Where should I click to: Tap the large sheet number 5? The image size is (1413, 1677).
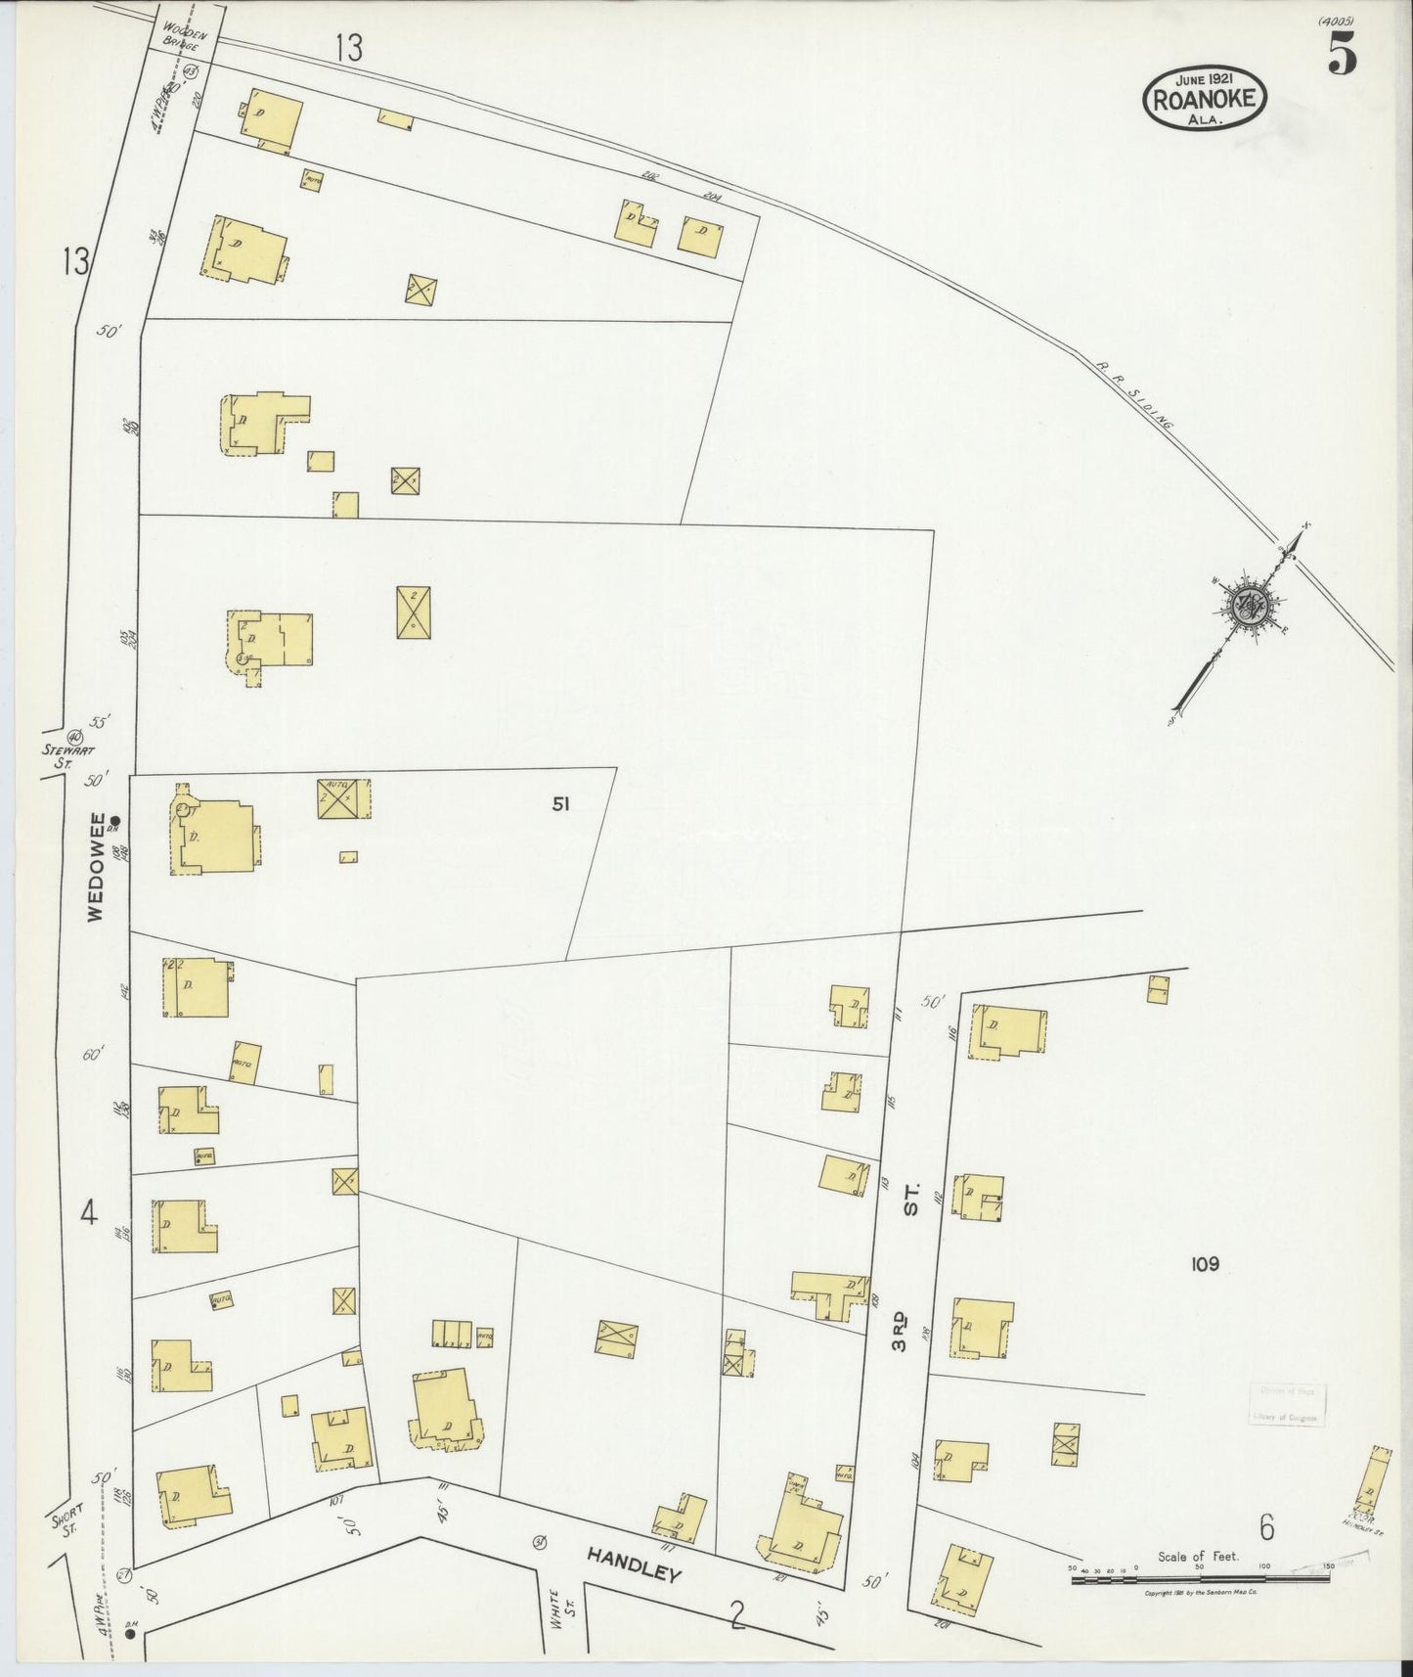coord(1342,53)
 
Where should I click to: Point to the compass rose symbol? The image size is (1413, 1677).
coord(1248,607)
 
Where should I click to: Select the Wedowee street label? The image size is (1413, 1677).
coord(95,867)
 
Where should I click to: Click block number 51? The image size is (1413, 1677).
coord(560,804)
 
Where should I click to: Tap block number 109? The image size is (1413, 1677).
coord(1205,1264)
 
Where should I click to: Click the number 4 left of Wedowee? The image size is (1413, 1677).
coord(89,1214)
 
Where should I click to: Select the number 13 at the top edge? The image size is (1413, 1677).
coord(348,47)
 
